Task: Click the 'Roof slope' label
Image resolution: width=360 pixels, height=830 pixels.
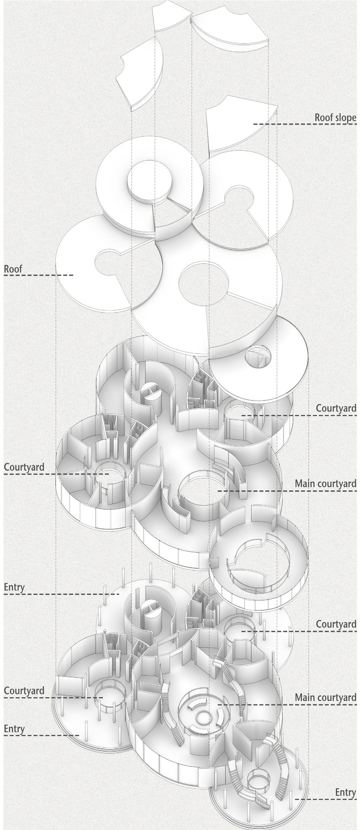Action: click(335, 117)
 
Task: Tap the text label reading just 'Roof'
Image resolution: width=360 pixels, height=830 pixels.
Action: click(13, 269)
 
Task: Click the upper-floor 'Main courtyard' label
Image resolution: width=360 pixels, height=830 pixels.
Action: click(325, 483)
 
